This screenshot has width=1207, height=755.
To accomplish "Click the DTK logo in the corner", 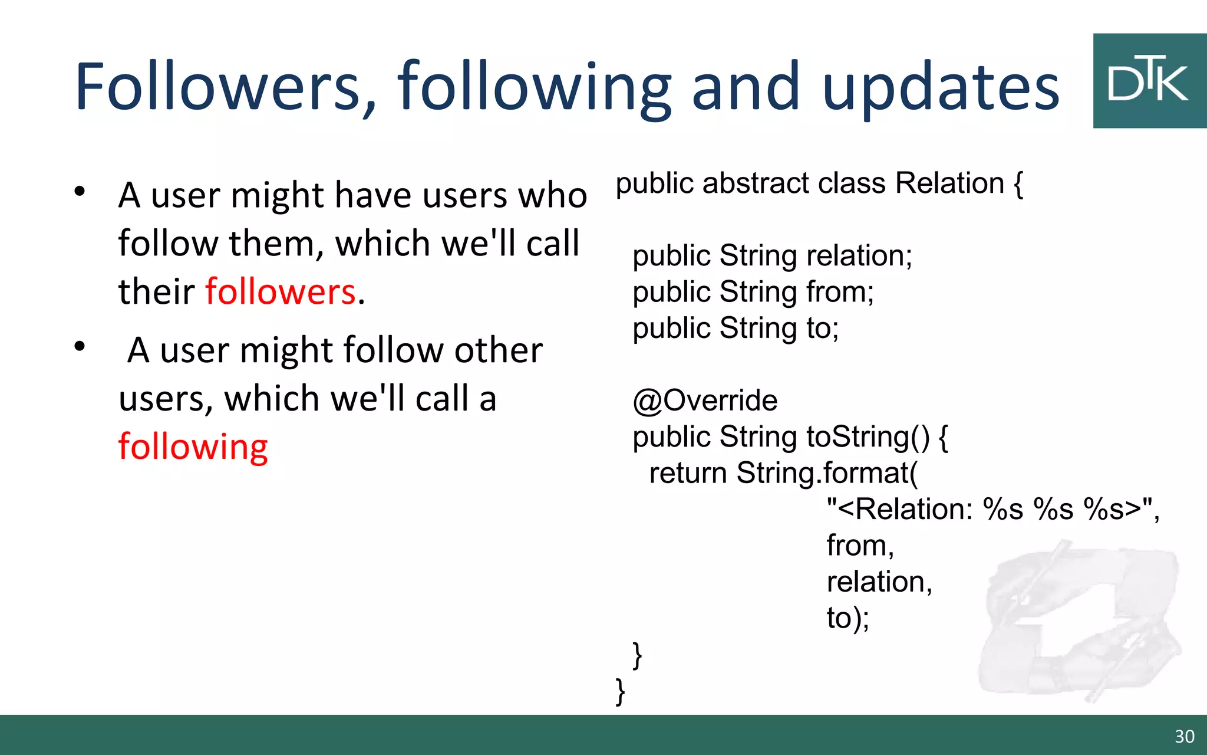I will click(1149, 81).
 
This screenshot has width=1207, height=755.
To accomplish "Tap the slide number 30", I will click(1184, 737).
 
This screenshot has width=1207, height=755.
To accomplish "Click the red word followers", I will click(281, 291).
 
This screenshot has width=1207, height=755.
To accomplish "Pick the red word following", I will click(193, 447).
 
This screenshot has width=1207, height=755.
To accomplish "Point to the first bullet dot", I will click(80, 191).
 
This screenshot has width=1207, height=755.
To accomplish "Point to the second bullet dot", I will click(80, 346).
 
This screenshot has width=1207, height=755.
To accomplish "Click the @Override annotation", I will click(705, 401).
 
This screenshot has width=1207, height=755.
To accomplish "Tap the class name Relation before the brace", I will click(949, 183).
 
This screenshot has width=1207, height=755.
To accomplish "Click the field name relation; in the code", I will click(859, 256).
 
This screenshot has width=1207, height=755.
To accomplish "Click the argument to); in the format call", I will click(847, 618).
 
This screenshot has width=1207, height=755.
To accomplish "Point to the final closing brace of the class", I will click(620, 691).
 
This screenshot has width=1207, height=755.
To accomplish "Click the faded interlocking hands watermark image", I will click(1079, 619).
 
